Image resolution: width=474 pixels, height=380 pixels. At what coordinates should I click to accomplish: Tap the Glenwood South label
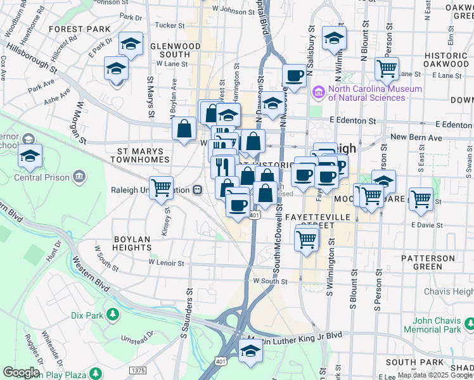(x=170, y=51)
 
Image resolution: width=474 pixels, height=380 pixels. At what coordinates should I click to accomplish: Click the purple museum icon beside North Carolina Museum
(x=318, y=93)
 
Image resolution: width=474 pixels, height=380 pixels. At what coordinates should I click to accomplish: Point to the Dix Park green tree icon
(x=112, y=314)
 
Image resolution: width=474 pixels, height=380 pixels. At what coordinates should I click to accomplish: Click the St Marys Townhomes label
(x=141, y=156)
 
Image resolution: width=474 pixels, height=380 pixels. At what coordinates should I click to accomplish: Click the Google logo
(x=22, y=372)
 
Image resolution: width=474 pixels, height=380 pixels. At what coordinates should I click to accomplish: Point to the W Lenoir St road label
(x=166, y=262)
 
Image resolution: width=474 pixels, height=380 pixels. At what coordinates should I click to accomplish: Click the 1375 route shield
(x=137, y=369)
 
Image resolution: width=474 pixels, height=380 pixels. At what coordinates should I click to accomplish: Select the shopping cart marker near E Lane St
(x=386, y=66)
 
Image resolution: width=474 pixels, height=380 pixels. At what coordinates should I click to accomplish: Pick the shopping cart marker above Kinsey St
(x=162, y=186)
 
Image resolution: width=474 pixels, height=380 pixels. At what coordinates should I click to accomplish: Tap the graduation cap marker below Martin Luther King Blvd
(x=250, y=350)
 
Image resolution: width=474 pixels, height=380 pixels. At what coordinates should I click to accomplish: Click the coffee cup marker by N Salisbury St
(x=294, y=75)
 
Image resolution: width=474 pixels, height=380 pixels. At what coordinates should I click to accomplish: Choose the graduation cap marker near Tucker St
(x=131, y=43)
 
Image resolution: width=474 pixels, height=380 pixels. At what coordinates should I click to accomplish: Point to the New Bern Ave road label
(x=416, y=137)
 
